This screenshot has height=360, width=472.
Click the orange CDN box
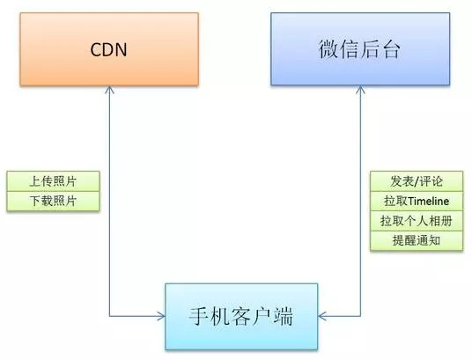[x=109, y=49]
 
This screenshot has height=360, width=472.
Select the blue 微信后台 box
[x=360, y=48]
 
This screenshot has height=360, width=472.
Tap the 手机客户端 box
[x=241, y=316]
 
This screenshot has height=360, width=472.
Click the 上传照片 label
[x=53, y=181]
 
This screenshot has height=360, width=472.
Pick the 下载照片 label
[x=53, y=201]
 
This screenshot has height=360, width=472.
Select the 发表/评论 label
[x=417, y=181]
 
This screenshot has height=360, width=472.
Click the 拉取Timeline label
[x=417, y=201]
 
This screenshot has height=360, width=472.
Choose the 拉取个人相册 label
[x=417, y=221]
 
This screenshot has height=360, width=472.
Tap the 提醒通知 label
[x=417, y=240]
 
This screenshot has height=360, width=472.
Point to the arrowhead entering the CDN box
[x=109, y=89]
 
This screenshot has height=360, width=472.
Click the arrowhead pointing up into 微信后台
[x=360, y=89]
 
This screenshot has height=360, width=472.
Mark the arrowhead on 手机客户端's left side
[x=162, y=316]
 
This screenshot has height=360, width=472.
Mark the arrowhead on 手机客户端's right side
[x=321, y=316]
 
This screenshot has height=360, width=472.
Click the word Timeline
[x=429, y=201]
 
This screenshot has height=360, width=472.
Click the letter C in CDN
[x=96, y=49]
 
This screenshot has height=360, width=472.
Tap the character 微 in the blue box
[x=328, y=49]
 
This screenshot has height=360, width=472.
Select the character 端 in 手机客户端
[x=284, y=316]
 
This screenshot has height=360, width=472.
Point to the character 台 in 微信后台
[x=390, y=49]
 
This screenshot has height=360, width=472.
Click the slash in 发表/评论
[x=417, y=181]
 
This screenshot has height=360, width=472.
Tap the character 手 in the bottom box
[x=199, y=316]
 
